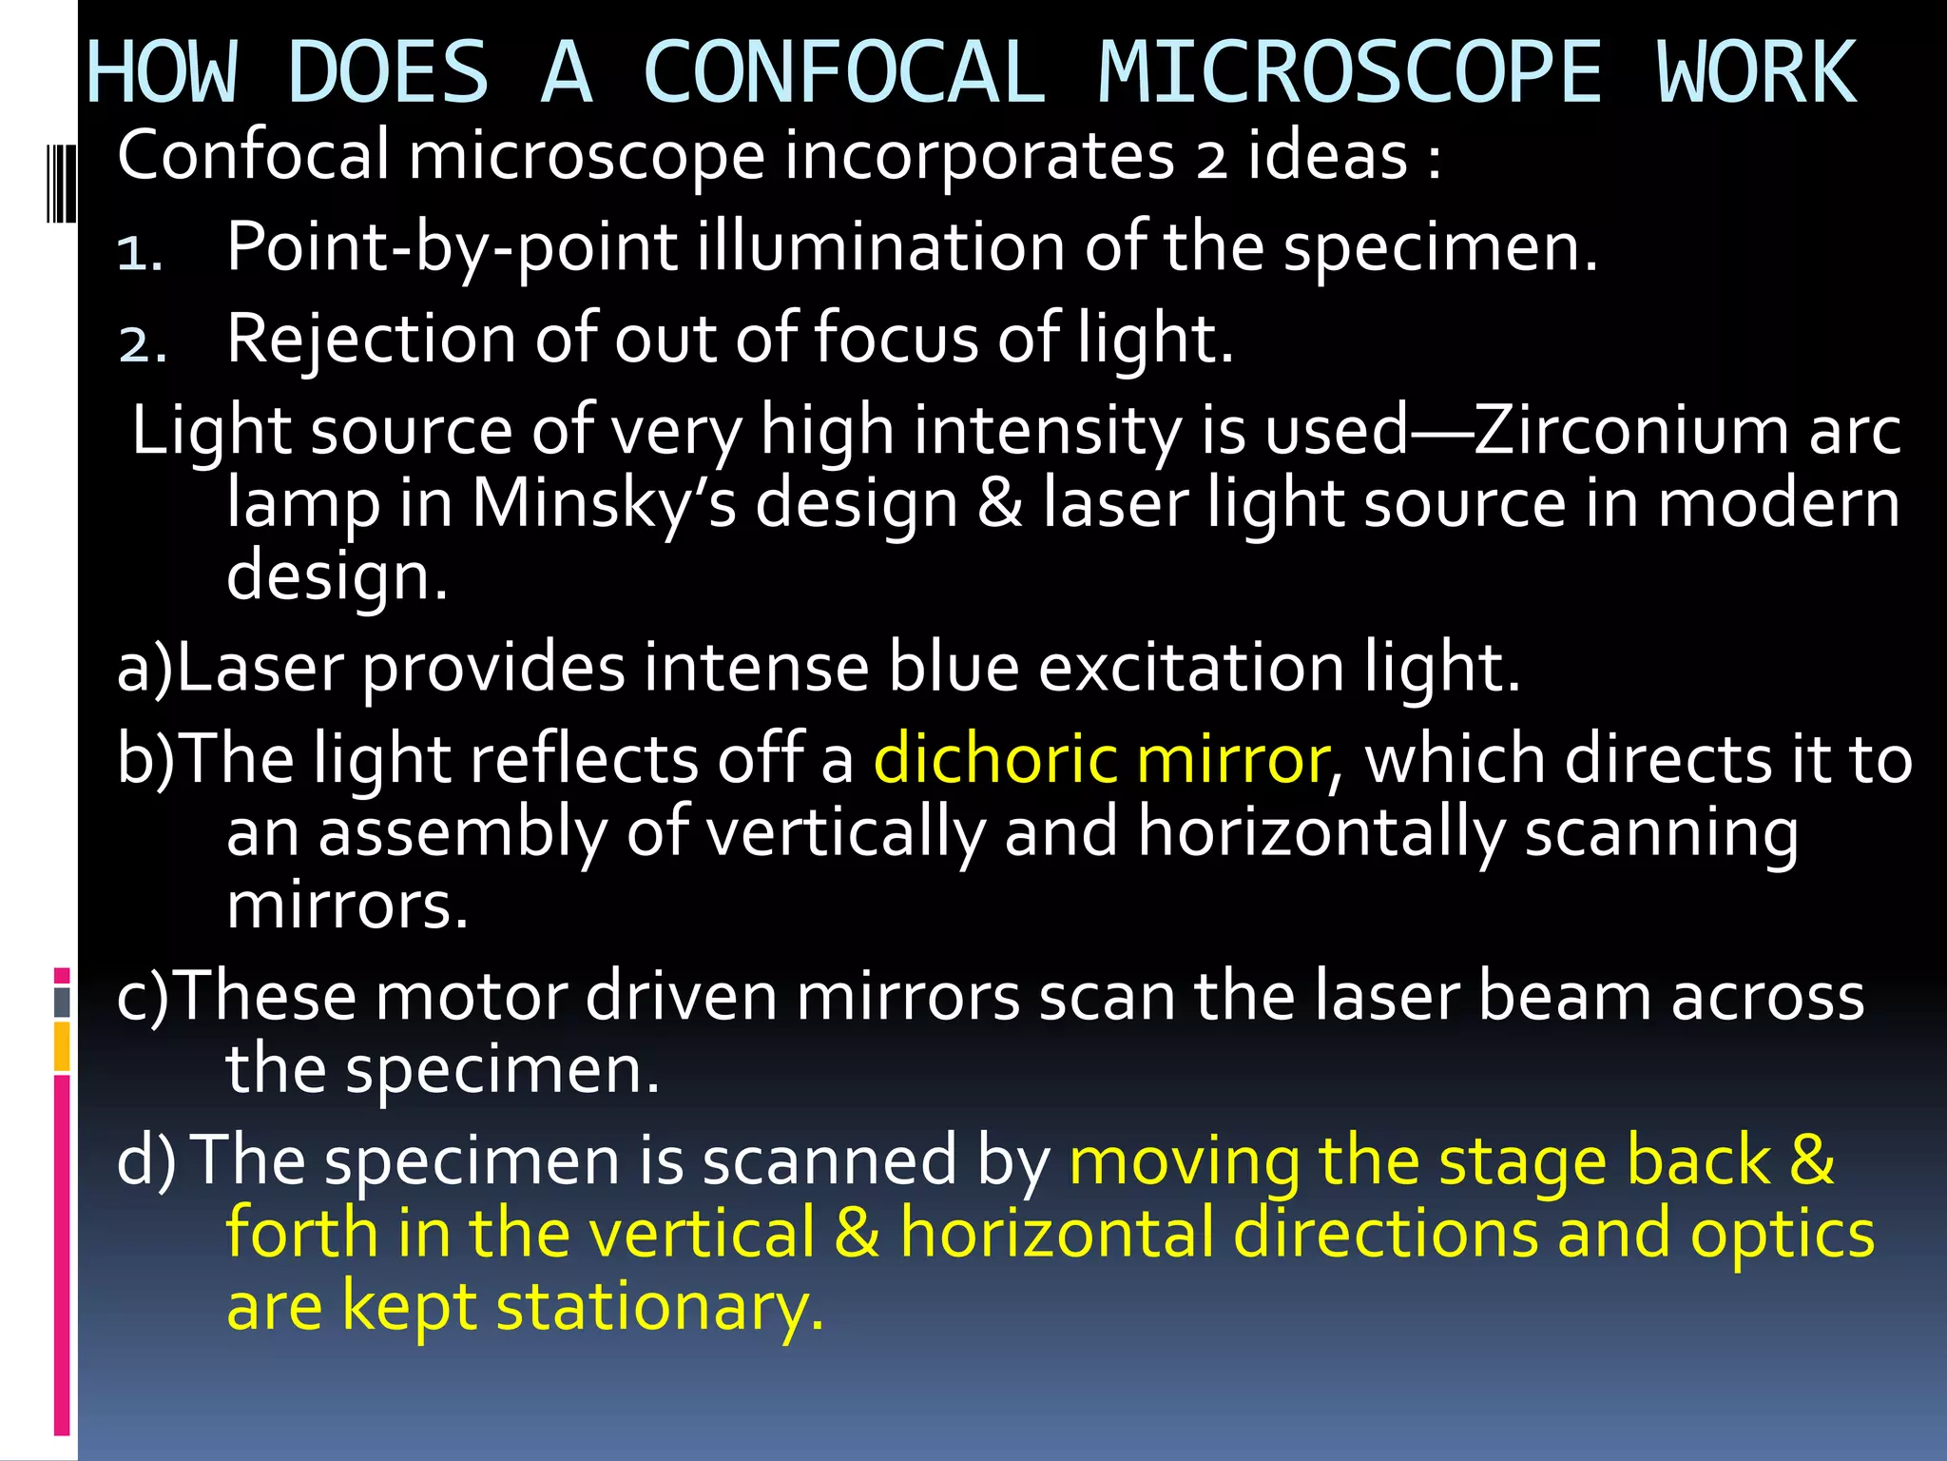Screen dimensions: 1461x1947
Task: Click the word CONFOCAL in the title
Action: [x=844, y=72]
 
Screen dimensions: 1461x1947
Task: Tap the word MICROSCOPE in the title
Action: [x=1350, y=72]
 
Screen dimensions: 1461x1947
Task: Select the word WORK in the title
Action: [x=1757, y=72]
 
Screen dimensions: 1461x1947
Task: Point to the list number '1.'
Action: [x=141, y=253]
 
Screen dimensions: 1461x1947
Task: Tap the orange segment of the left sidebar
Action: [x=62, y=1046]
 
